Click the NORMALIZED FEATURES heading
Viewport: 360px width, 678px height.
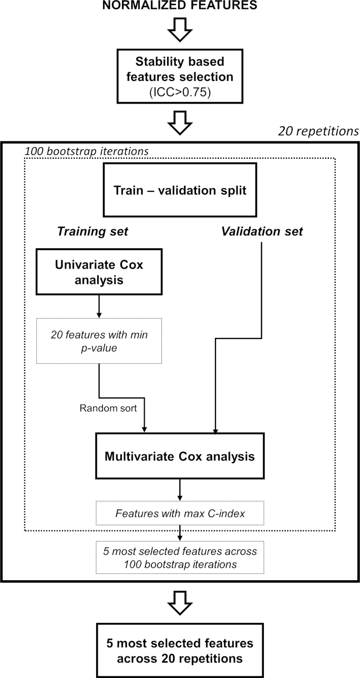pyautogui.click(x=180, y=6)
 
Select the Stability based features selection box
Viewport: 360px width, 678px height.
pyautogui.click(x=180, y=76)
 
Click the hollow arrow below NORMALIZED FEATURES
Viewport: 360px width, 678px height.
pyautogui.click(x=180, y=32)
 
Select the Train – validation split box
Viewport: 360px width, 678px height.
pyautogui.click(x=180, y=189)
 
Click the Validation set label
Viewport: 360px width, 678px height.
pyautogui.click(x=262, y=231)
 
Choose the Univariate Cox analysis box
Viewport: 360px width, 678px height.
pyautogui.click(x=99, y=272)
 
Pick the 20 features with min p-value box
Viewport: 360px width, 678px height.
pyautogui.click(x=99, y=340)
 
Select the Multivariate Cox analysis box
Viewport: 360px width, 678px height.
pyautogui.click(x=180, y=456)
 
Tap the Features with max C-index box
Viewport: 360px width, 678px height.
pyautogui.click(x=180, y=512)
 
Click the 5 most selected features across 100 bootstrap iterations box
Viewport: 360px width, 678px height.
pyautogui.click(x=180, y=557)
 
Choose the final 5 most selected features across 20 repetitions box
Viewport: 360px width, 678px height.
pyautogui.click(x=180, y=650)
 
